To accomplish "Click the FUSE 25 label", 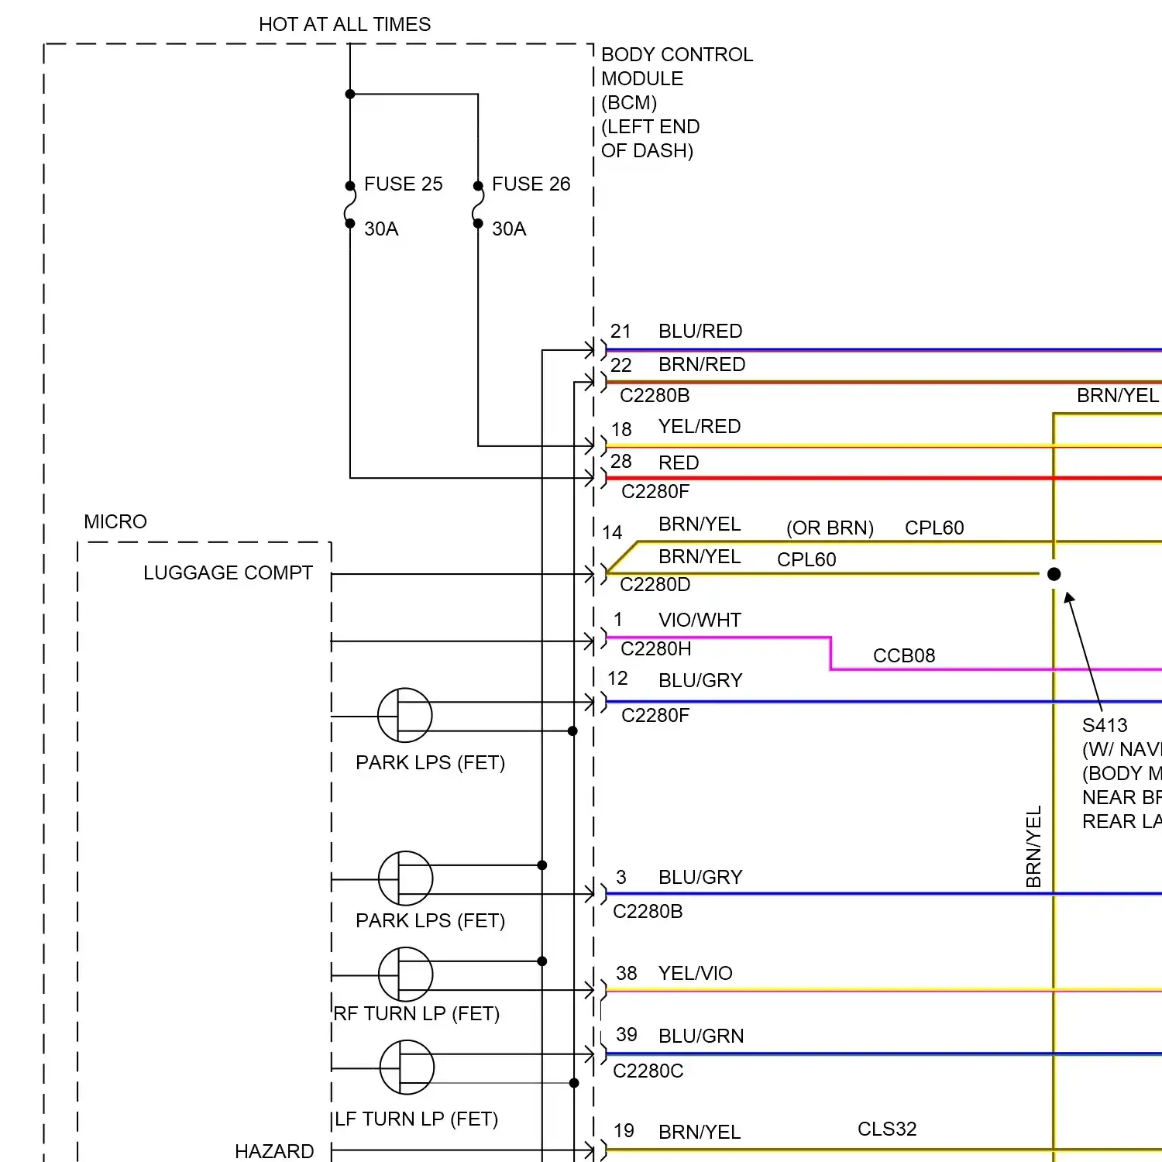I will click(x=403, y=184).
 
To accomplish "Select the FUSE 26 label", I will click(x=531, y=184).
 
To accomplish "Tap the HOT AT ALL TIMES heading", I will click(x=345, y=25).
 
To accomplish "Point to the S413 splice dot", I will click(x=1054, y=574).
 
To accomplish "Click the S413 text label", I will click(x=1105, y=726).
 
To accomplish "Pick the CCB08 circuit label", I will click(x=904, y=656).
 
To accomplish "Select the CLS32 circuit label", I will click(x=887, y=1129).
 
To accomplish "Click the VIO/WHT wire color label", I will click(x=700, y=621).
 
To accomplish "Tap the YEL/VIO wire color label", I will click(x=695, y=974).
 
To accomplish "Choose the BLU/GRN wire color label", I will click(x=701, y=1037).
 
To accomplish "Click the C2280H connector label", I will click(x=656, y=649).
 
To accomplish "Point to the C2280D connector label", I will click(x=655, y=585).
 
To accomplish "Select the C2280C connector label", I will click(x=648, y=1071).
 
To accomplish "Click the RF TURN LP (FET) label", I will click(x=417, y=1014).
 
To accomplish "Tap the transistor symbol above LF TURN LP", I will click(x=407, y=1067).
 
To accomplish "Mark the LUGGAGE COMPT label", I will click(x=228, y=573).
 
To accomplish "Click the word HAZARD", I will click(x=274, y=1152).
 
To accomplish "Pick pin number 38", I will click(x=626, y=974).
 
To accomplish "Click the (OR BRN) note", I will click(x=830, y=528).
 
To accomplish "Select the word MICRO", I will click(x=115, y=522).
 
